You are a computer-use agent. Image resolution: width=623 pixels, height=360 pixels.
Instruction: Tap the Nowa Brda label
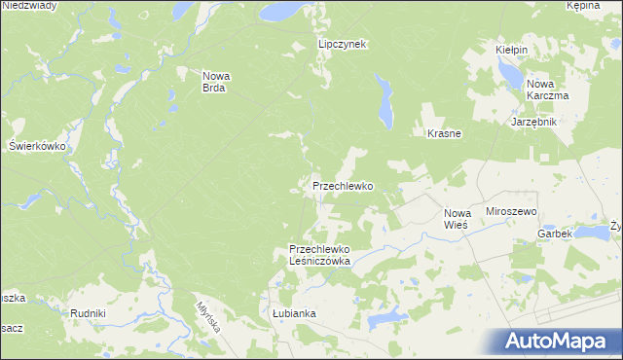214,82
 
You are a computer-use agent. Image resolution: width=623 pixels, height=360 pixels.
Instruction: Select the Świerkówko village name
36,145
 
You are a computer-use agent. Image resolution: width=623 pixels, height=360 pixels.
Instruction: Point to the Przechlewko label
343,185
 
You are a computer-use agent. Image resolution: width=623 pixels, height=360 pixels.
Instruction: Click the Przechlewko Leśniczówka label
319,254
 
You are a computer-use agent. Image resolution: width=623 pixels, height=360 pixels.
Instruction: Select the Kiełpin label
511,49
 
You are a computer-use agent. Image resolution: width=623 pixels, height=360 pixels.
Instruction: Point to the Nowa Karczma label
547,90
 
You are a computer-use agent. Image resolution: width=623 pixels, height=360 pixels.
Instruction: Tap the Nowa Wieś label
457,218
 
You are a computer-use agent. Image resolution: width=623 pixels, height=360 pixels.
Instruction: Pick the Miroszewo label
513,211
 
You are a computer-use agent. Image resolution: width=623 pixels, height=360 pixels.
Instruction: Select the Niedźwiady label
29,5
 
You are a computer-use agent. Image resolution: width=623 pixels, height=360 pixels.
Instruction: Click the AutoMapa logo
559,342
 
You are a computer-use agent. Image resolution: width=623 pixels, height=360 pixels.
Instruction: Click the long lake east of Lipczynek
386,101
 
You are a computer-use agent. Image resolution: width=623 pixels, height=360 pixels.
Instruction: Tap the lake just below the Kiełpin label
508,71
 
